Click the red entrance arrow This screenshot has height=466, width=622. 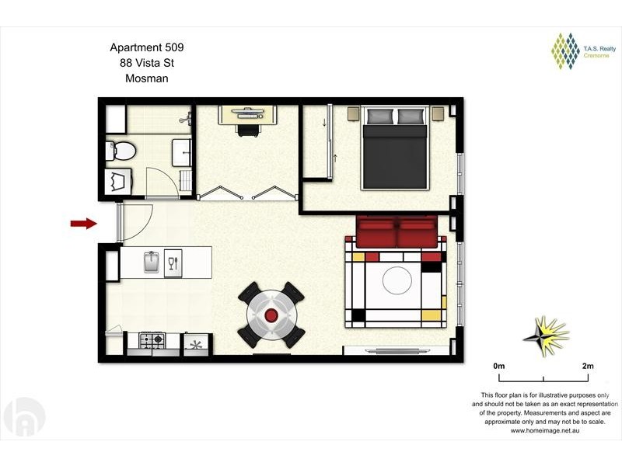84,224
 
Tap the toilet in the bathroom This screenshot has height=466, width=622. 121,151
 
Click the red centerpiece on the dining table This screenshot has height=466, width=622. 271,315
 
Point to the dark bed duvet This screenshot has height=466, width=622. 395,157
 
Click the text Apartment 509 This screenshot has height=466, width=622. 147,47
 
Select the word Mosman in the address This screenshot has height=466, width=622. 147,78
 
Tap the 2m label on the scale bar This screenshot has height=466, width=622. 588,366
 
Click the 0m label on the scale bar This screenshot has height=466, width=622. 499,366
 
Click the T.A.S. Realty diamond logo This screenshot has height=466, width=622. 566,51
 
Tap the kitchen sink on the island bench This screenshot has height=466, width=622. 151,262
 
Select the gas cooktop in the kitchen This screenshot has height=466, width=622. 152,339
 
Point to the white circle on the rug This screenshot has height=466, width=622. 397,280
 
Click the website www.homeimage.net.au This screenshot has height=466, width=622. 545,431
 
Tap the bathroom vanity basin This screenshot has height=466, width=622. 182,153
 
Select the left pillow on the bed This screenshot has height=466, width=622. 380,116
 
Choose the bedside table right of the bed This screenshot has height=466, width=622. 438,113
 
